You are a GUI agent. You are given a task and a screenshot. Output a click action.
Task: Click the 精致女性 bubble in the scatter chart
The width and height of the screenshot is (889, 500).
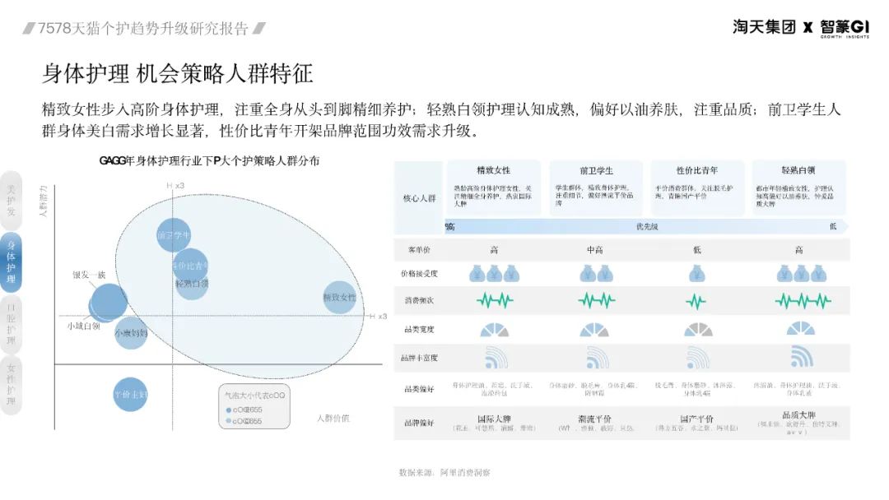339,297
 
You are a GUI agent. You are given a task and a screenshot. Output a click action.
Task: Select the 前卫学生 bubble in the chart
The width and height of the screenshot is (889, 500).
174,236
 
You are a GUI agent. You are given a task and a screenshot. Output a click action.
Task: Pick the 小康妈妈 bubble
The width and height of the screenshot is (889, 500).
131,333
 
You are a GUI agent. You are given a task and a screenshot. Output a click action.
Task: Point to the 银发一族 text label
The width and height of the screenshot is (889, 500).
89,274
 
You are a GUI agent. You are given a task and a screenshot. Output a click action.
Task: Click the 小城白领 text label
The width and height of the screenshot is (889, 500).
83,326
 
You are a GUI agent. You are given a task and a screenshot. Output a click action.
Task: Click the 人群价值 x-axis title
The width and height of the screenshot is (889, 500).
333,418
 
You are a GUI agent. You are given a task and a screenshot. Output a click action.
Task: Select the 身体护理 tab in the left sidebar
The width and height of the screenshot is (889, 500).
12,262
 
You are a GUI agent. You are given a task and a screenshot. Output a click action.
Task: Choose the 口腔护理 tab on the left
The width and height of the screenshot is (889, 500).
12,325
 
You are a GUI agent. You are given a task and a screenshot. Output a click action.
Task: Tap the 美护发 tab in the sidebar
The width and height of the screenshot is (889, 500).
12,200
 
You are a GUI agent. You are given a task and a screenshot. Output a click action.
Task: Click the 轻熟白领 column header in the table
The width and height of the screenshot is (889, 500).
798,170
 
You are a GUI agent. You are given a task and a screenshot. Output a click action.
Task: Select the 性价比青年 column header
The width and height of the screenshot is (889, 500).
696,170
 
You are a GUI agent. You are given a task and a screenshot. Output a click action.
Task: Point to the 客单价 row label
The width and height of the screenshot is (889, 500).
419,249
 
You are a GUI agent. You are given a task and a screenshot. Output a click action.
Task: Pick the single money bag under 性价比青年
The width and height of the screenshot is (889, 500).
696,274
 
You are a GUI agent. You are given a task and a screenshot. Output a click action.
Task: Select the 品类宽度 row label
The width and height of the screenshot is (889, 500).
419,329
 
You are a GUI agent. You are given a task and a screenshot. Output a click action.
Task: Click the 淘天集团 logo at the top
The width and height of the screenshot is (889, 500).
764,26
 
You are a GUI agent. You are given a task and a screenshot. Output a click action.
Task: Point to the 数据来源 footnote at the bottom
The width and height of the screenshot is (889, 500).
444,473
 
